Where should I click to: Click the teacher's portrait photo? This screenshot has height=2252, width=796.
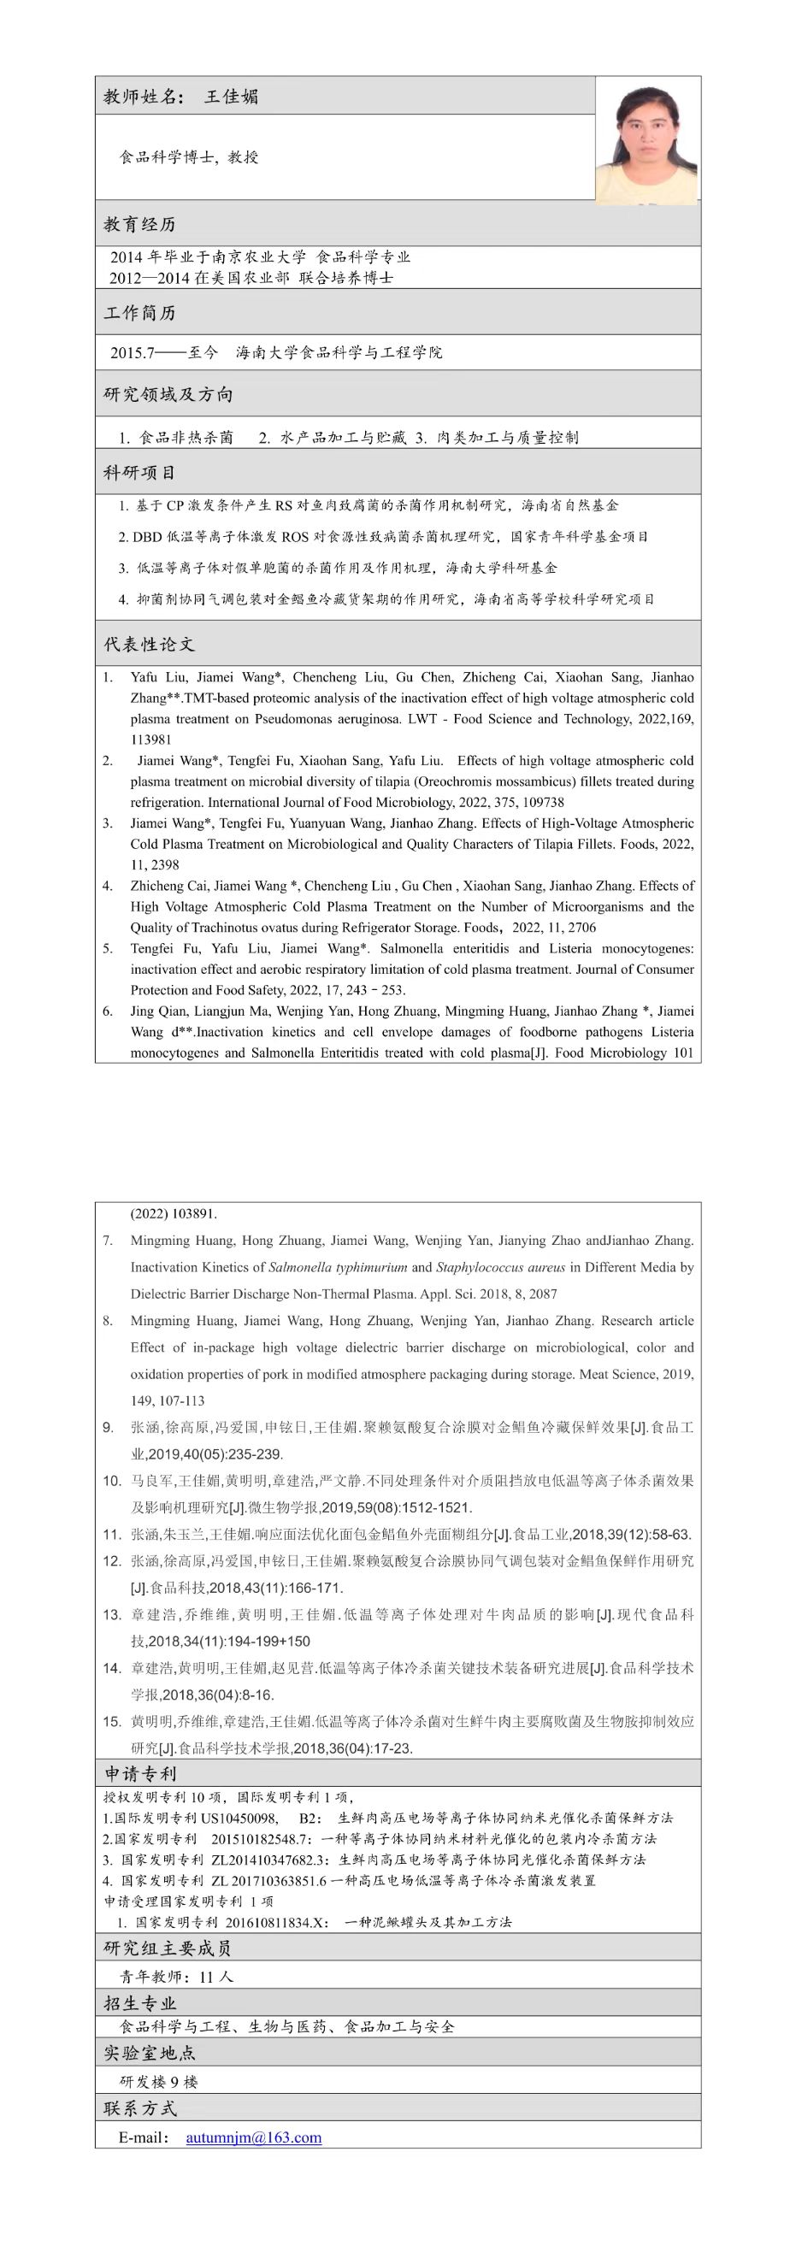pyautogui.click(x=647, y=141)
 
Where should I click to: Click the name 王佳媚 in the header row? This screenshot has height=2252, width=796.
pyautogui.click(x=231, y=97)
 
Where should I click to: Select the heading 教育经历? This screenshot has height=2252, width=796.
pyautogui.click(x=140, y=225)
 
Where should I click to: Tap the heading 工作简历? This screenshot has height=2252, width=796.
pyautogui.click(x=140, y=313)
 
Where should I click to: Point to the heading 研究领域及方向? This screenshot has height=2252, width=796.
pyautogui.click(x=168, y=394)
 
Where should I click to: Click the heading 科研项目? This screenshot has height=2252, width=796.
pyautogui.click(x=140, y=473)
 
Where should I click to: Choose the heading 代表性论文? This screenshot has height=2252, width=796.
pyautogui.click(x=150, y=645)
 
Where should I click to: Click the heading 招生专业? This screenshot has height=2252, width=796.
pyautogui.click(x=140, y=2004)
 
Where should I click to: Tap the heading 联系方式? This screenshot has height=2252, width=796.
pyautogui.click(x=140, y=2108)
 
